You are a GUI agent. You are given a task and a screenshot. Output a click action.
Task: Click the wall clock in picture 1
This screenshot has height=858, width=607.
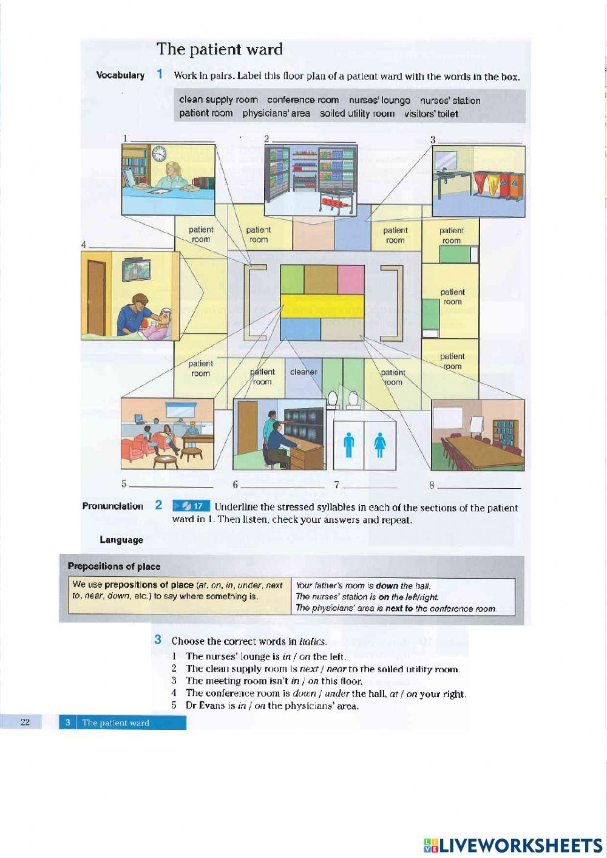pos(159,154)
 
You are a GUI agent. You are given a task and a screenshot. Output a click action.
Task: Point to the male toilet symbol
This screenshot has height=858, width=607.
pos(348,444)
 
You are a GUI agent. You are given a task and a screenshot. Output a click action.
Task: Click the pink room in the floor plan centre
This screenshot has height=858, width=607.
pos(351,279)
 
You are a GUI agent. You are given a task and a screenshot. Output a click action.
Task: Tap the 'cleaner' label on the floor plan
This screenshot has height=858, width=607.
pos(303,372)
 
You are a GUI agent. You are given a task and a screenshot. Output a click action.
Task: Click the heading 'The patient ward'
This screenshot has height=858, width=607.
pos(220,49)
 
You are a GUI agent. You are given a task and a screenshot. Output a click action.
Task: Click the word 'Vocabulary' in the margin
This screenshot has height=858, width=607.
pos(120,75)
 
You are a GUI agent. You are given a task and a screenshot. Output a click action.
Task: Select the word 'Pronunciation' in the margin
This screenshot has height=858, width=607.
pos(113,506)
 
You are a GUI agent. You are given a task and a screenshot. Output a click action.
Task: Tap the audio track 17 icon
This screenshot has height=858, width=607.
pos(191,506)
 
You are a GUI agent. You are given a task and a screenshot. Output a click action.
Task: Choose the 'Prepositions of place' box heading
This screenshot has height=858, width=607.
pos(114,567)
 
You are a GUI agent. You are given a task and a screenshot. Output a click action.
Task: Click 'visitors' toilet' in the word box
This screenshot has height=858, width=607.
pos(431,114)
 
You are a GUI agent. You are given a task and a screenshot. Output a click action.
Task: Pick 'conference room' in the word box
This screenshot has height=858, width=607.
pos(303,100)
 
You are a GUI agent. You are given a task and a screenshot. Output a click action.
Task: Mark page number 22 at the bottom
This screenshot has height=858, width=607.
pos(25,722)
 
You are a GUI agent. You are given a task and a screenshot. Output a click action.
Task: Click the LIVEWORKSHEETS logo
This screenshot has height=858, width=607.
pos(513,845)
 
